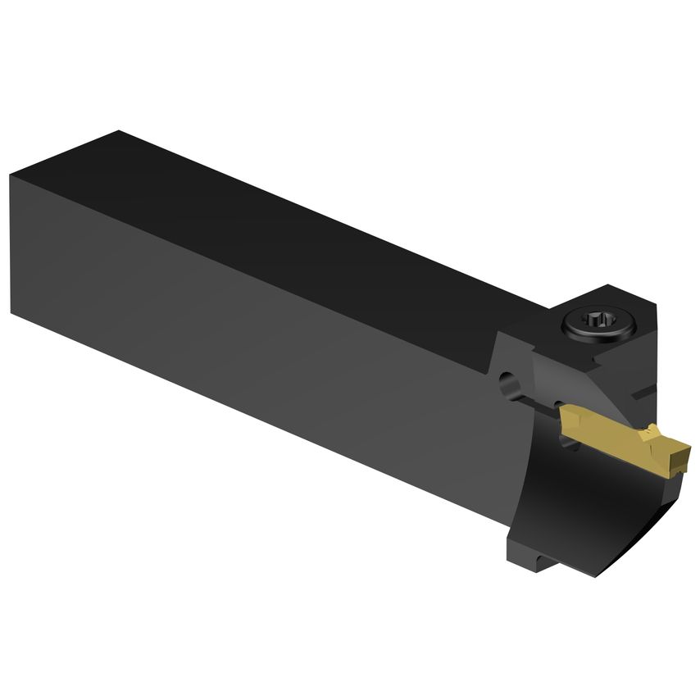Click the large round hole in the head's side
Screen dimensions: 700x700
point(508,383)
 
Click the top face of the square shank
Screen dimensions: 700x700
point(287,205)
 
